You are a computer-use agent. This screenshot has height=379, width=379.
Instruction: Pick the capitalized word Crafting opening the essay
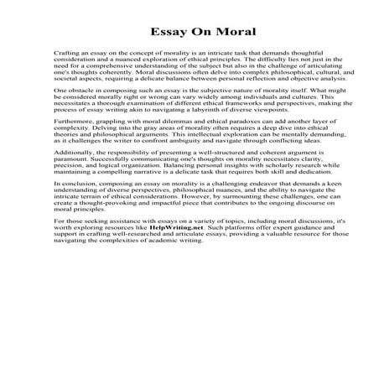pos(68,52)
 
